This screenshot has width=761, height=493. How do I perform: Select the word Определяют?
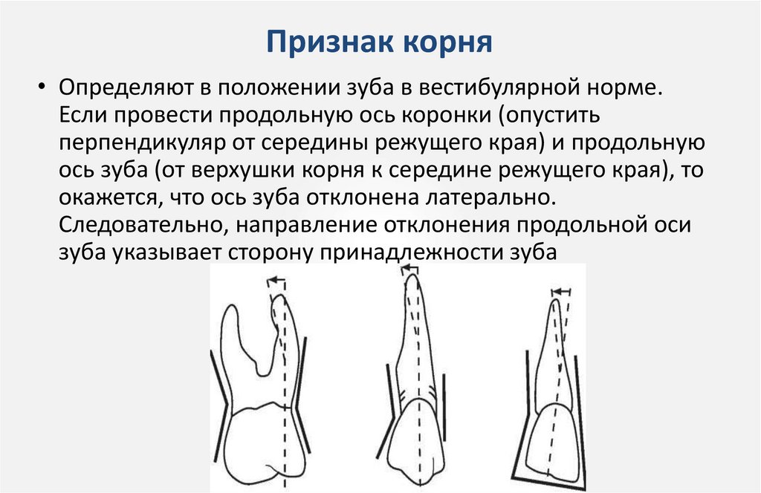(x=126, y=88)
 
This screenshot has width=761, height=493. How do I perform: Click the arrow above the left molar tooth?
(x=276, y=281)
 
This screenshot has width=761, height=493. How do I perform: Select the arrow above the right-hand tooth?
(x=562, y=291)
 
